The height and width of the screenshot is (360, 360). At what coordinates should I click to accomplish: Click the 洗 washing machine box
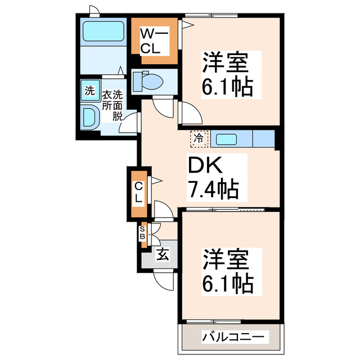tap(89, 91)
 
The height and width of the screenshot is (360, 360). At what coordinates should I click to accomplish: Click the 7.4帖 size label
tap(214, 188)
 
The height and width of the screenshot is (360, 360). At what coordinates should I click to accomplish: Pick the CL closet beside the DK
tap(138, 193)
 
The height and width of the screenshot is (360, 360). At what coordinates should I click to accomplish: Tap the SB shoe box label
tap(142, 233)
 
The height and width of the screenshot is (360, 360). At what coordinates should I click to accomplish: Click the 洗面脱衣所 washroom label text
tap(111, 105)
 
